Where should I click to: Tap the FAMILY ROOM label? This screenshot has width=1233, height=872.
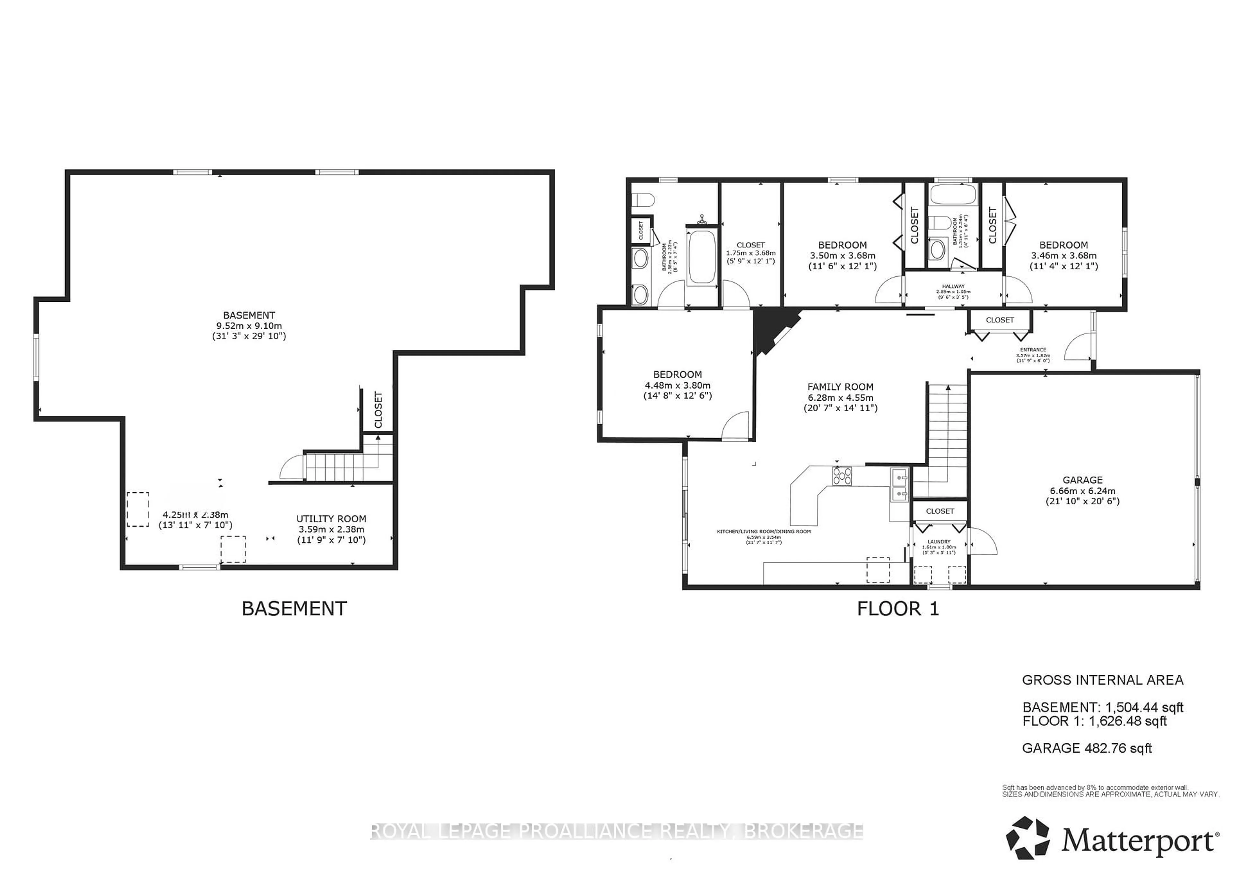[840, 387]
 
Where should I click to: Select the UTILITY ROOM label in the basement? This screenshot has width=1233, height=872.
[331, 519]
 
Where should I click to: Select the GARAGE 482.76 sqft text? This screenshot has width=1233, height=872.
[1087, 748]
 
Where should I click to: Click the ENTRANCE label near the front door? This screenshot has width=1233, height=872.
[1033, 350]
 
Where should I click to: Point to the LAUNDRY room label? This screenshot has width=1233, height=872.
[939, 542]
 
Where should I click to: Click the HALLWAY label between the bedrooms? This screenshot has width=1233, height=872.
[953, 286]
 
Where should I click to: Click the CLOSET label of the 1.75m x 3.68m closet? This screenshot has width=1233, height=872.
[750, 245]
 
